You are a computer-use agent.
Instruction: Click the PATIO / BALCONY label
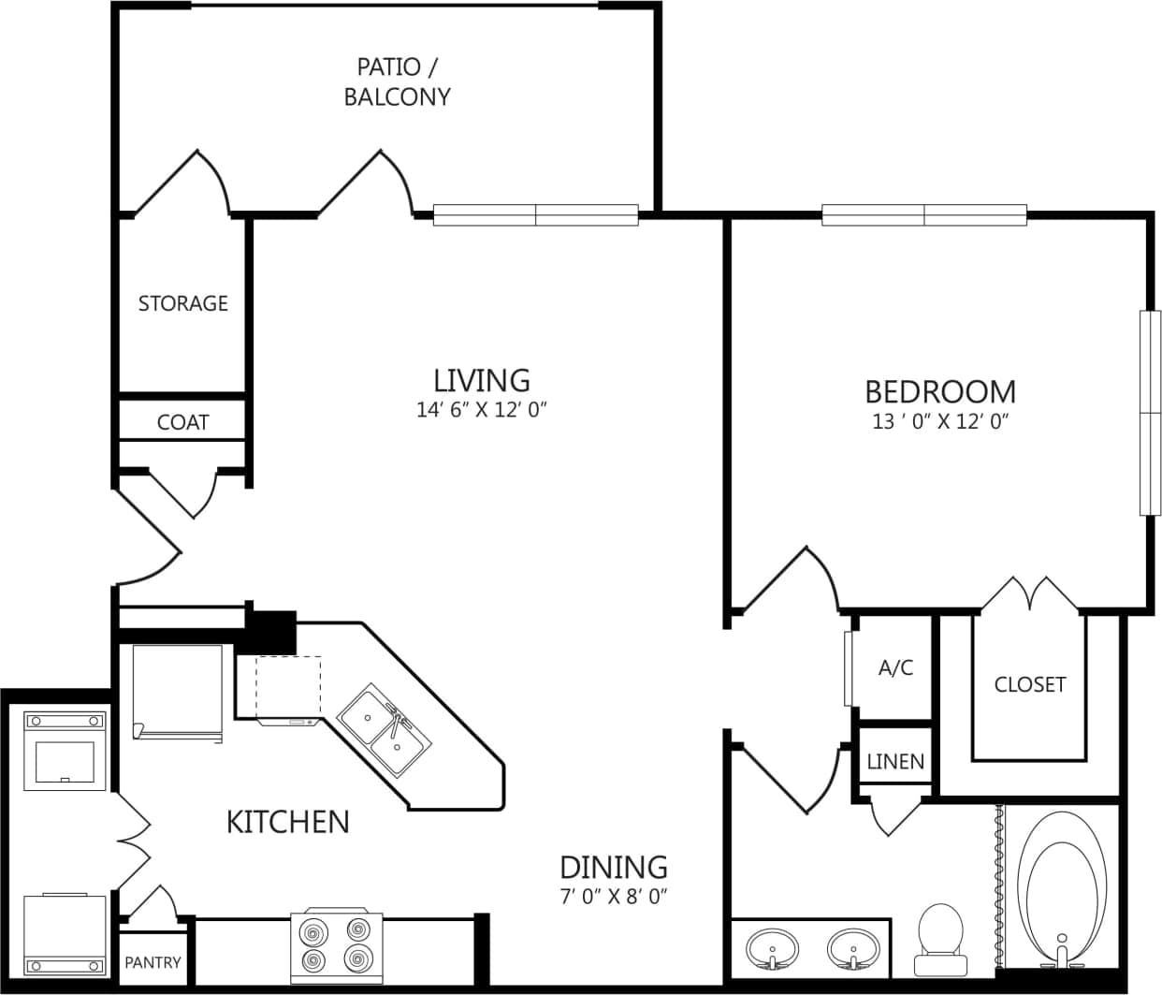click(397, 82)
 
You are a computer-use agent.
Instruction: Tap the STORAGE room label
click(183, 303)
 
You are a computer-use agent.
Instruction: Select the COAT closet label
click(182, 422)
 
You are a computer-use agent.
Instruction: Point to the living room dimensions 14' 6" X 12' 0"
click(481, 410)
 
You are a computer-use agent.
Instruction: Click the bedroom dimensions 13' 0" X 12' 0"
click(939, 421)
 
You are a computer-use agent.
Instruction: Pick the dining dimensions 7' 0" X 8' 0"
click(613, 897)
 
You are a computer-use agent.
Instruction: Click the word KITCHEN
click(288, 822)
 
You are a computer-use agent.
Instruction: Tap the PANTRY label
click(153, 962)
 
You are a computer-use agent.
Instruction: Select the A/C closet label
click(895, 668)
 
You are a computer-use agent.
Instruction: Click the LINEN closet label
click(895, 762)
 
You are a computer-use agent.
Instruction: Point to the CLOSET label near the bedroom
click(1029, 684)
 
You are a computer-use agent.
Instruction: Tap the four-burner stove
click(336, 944)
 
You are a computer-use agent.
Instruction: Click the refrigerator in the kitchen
click(178, 693)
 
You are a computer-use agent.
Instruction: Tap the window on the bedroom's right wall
click(1149, 412)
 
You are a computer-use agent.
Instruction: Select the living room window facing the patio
click(536, 215)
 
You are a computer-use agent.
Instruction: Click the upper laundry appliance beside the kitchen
click(65, 752)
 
